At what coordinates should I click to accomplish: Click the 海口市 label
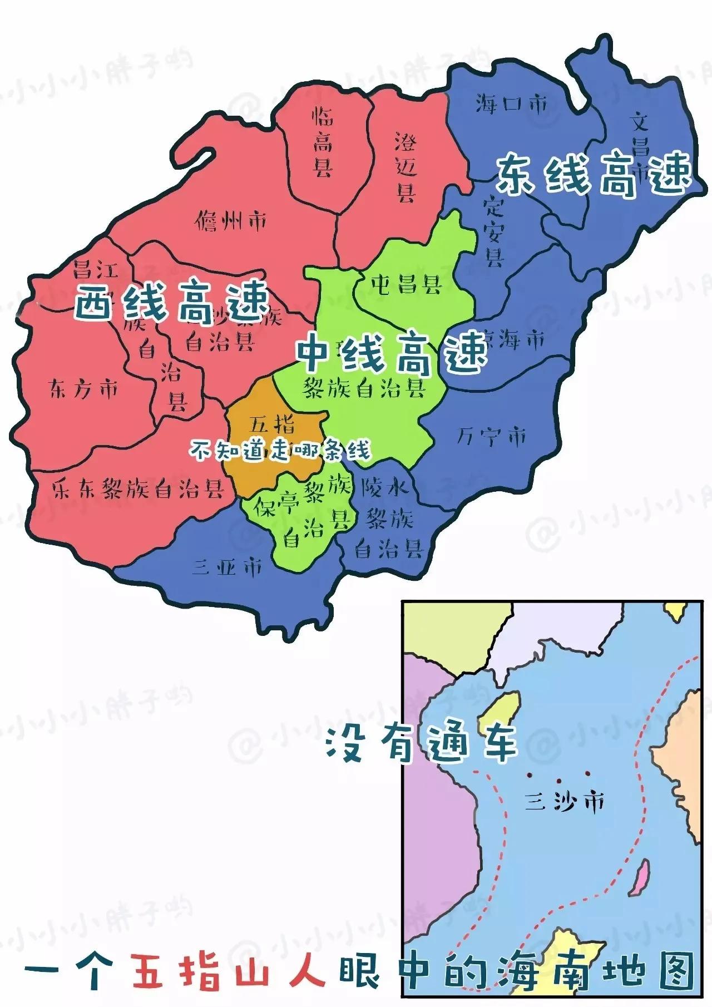point(511,104)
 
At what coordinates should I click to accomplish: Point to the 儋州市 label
point(231,222)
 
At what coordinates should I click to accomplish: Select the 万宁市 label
point(492,437)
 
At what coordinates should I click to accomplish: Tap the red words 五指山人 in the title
point(227,969)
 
